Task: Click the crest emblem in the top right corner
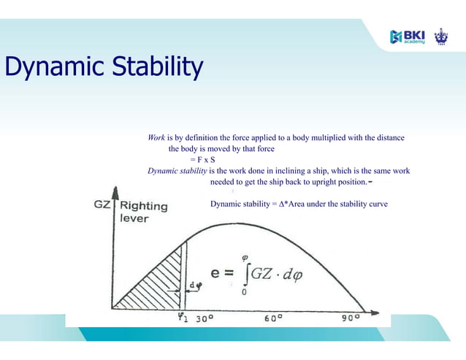pos(441,36)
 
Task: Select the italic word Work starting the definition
pos(156,137)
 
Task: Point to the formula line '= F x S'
pos(202,159)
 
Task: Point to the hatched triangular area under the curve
pos(157,285)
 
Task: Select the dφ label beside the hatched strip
pos(194,284)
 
